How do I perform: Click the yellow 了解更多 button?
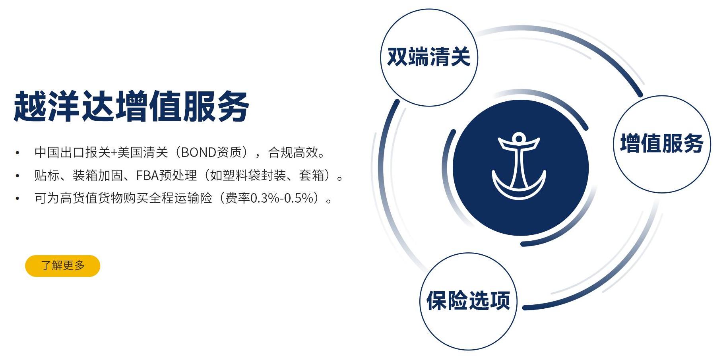click(x=62, y=266)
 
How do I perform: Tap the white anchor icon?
click(x=519, y=166)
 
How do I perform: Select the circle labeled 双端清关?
click(x=429, y=58)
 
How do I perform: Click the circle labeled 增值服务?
click(x=662, y=144)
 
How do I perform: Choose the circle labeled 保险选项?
click(x=468, y=301)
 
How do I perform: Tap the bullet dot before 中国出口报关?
click(x=17, y=153)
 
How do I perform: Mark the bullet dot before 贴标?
click(x=17, y=176)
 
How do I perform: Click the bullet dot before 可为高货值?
click(x=17, y=198)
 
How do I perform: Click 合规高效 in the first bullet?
click(x=293, y=152)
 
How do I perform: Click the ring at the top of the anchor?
click(x=518, y=139)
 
